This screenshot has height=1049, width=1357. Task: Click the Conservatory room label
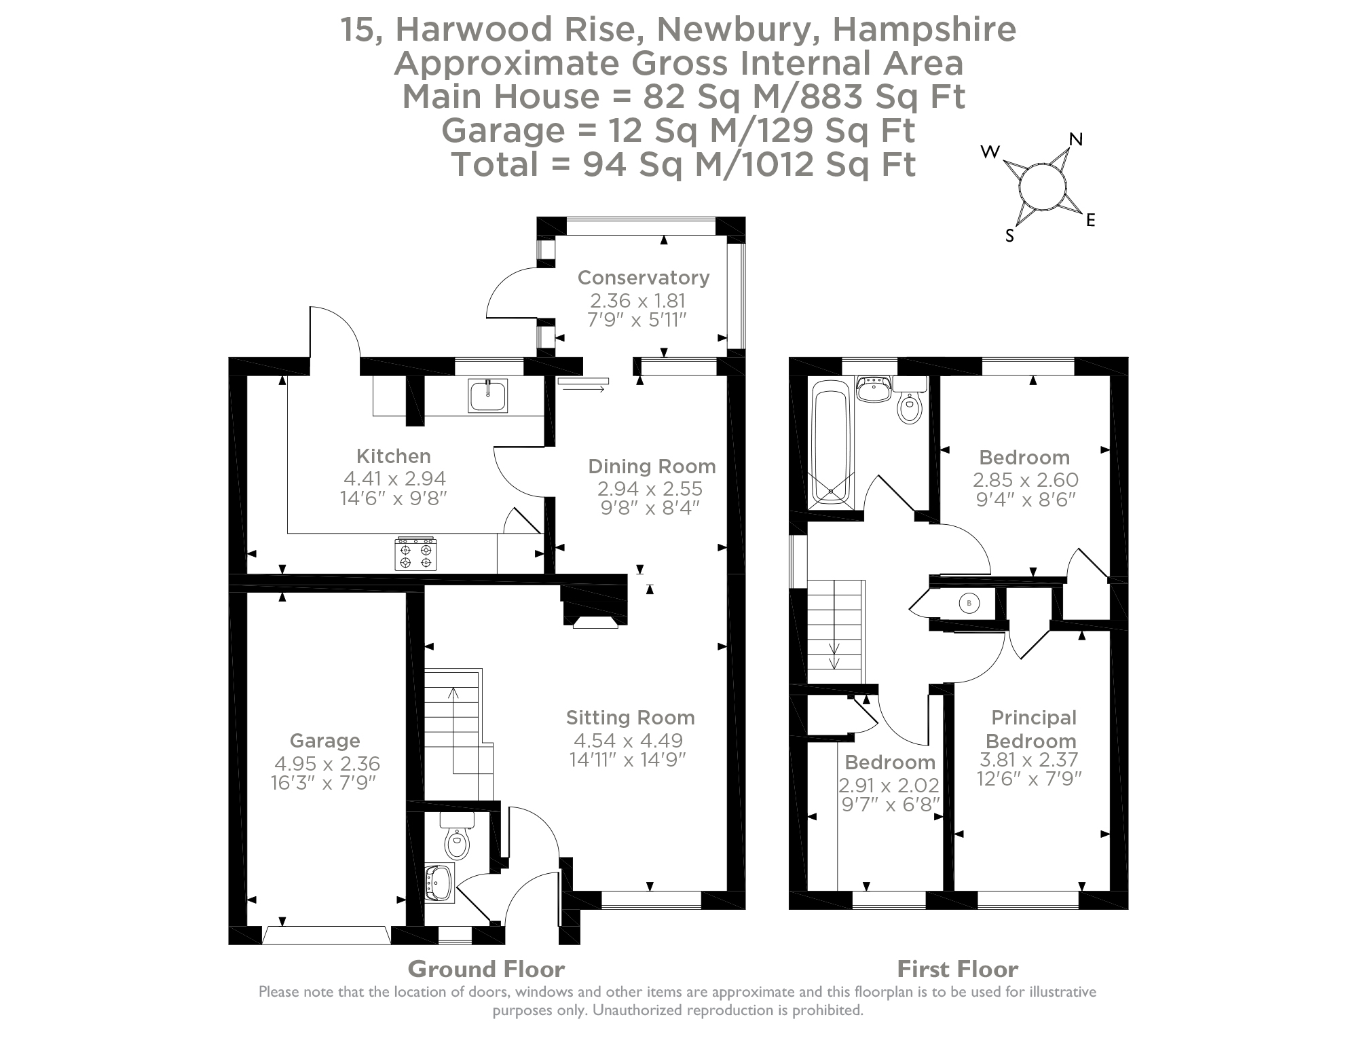[x=643, y=278]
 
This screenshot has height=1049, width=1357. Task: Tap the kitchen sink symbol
[x=487, y=396]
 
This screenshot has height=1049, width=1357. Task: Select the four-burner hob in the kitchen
[x=415, y=553]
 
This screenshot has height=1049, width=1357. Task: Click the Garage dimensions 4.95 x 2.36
[x=327, y=764]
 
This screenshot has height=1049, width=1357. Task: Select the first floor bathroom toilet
[x=909, y=407]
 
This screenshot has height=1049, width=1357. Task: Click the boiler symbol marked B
[x=969, y=602]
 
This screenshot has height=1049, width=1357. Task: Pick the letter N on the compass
[x=1075, y=139]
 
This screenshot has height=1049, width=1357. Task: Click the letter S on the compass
[x=1009, y=236]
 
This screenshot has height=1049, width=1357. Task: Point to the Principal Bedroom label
[x=1033, y=729]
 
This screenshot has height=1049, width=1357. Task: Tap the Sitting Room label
[x=630, y=718]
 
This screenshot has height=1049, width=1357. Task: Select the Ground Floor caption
[x=485, y=968]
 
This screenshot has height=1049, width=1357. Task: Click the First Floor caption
[x=956, y=968]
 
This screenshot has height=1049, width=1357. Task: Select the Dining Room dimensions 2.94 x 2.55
[x=650, y=489]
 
